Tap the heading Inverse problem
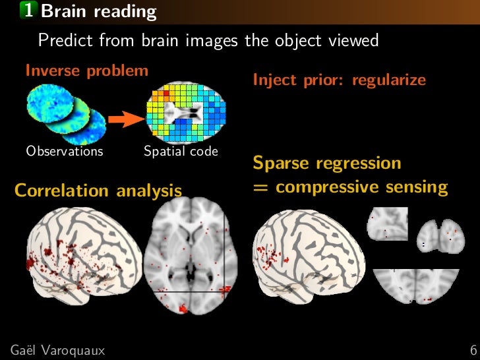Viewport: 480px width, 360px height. tap(86, 71)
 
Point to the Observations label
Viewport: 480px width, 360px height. tap(65, 151)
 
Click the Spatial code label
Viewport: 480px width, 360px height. tap(181, 151)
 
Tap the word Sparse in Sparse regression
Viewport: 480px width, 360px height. tap(280, 163)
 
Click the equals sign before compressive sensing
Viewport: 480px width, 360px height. tap(260, 187)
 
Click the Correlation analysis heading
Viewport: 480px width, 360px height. tap(98, 191)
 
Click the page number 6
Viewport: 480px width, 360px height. tap(473, 349)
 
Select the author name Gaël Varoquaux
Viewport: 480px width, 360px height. tap(57, 349)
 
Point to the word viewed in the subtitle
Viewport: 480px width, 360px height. tap(355, 41)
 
